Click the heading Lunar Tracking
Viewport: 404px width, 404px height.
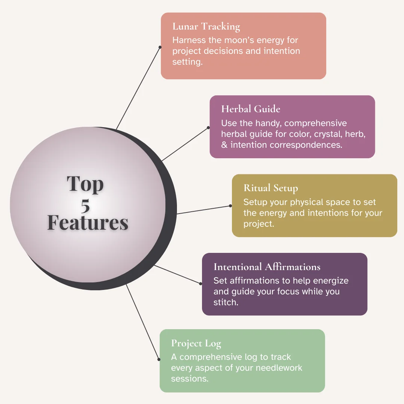pyautogui.click(x=206, y=27)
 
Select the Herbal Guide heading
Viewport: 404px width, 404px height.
pyautogui.click(x=251, y=109)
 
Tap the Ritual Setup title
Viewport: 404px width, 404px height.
pyautogui.click(x=271, y=188)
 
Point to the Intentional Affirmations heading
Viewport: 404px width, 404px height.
pyautogui.click(x=267, y=267)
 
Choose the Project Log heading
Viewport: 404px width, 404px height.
pyautogui.click(x=196, y=344)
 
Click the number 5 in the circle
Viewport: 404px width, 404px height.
pyautogui.click(x=85, y=206)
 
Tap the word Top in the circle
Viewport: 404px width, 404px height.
pyautogui.click(x=85, y=184)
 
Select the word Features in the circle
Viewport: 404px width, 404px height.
pyautogui.click(x=88, y=222)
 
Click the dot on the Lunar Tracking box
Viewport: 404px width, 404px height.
pyautogui.click(x=160, y=47)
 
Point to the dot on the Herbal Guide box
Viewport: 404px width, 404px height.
pyautogui.click(x=208, y=128)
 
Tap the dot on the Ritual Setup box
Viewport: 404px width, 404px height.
pyautogui.click(x=230, y=206)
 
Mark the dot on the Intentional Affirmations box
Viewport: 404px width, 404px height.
pyautogui.click(x=201, y=284)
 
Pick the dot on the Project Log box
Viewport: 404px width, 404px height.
pyautogui.click(x=159, y=359)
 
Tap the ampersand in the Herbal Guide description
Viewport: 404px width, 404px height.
pyautogui.click(x=224, y=145)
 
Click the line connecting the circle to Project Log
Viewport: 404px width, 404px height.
pyautogui.click(x=142, y=322)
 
